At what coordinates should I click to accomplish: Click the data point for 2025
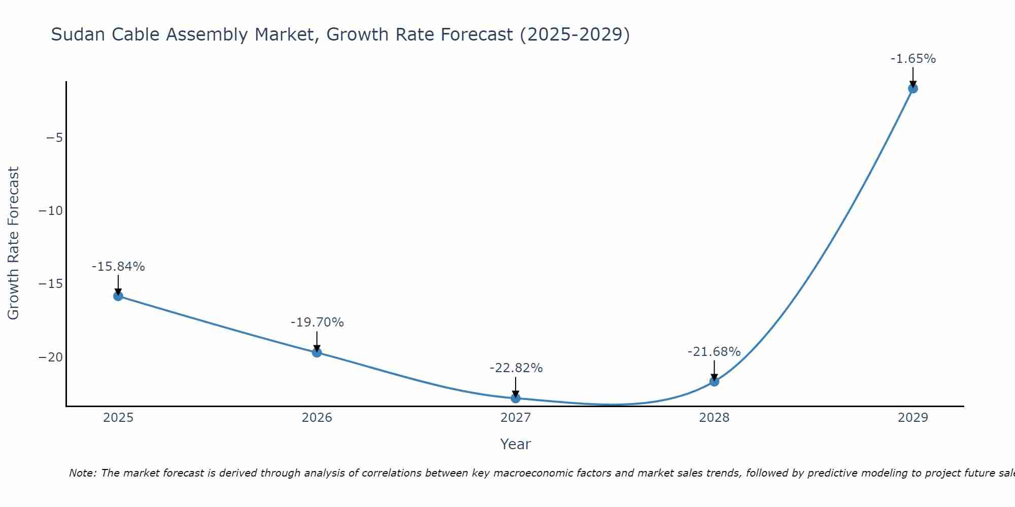pos(118,296)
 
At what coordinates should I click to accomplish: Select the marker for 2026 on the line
pos(317,352)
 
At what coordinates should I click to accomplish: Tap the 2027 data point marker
pos(516,399)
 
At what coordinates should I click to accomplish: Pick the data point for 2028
pos(714,381)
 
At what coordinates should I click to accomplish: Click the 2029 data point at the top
pos(913,89)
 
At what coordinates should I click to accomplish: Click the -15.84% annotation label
pos(118,267)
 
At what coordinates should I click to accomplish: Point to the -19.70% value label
pos(317,322)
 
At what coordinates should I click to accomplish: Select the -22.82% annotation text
pos(516,368)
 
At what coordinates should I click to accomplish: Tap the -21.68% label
pos(714,352)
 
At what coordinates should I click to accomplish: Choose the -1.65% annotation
pos(913,59)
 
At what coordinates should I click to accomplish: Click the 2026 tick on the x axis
pos(317,418)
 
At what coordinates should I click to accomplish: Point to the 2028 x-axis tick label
pos(714,418)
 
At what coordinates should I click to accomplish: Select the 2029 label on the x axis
pos(913,418)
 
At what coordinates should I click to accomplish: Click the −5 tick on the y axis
pos(54,138)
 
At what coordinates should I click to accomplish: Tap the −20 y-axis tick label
pos(51,357)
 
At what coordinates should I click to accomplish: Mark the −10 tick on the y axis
pos(51,211)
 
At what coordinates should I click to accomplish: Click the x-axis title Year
pos(515,444)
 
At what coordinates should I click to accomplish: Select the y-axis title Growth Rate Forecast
pos(13,243)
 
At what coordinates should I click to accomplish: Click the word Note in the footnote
pos(82,473)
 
